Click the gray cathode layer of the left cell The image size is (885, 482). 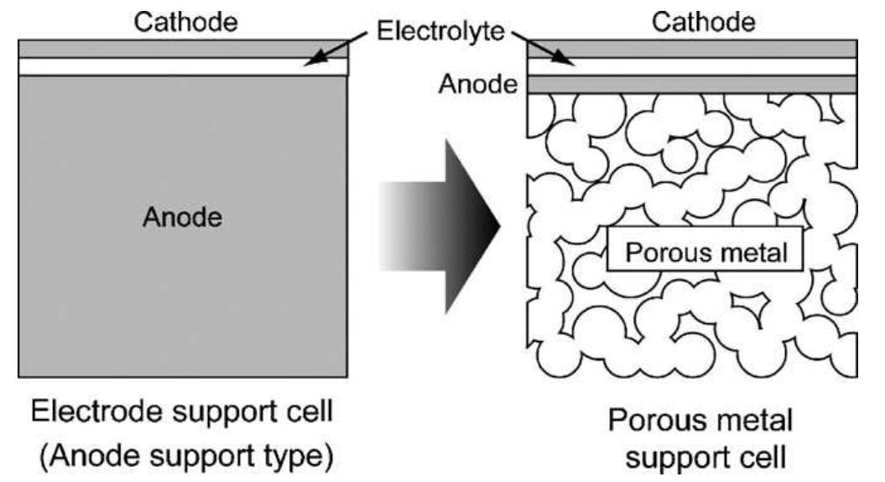point(183,49)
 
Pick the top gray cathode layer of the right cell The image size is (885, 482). point(692,49)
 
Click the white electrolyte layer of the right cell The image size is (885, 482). point(692,66)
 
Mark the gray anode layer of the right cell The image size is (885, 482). point(692,84)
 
